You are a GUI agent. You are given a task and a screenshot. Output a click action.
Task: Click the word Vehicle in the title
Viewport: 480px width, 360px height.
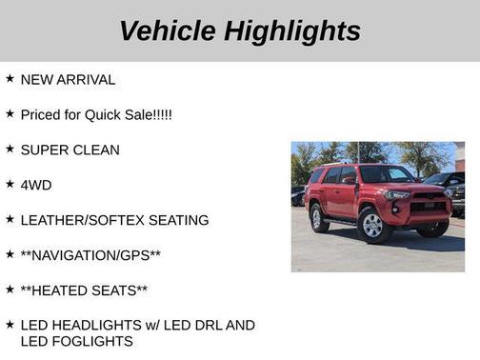coord(167,30)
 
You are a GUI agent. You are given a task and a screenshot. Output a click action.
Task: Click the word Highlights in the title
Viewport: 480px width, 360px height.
coord(293,30)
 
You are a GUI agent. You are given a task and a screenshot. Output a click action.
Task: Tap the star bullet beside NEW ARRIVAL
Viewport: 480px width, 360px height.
coord(10,79)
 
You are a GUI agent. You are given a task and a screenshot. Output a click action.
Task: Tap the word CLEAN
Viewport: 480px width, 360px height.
coord(96,150)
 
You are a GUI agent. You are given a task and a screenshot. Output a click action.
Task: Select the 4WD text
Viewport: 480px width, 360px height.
coord(36,185)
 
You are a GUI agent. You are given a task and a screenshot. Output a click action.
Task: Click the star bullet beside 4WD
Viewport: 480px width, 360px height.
coord(10,184)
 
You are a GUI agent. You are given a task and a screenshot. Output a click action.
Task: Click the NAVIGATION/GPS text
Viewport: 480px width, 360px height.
coord(90,255)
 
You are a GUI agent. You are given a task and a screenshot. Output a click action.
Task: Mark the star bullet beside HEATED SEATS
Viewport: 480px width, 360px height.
coord(10,290)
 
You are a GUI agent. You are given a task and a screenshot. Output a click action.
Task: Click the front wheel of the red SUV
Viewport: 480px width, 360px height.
coord(372,225)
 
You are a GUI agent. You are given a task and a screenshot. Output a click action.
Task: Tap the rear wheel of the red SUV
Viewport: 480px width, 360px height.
coord(319,218)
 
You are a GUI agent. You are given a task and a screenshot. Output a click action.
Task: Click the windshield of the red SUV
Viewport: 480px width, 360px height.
coord(386,174)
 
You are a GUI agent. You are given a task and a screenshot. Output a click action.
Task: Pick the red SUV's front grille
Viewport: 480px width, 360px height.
coord(428,201)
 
